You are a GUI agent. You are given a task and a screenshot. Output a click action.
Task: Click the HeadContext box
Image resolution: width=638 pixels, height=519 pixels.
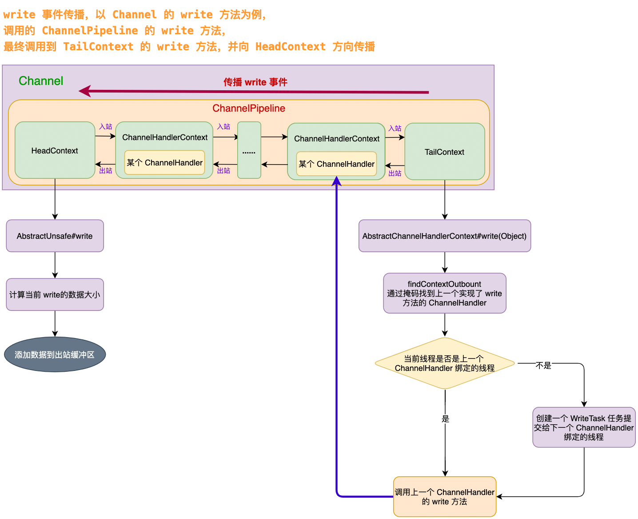(x=55, y=151)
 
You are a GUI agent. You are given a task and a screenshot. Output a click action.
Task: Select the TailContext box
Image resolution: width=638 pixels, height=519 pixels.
(x=444, y=152)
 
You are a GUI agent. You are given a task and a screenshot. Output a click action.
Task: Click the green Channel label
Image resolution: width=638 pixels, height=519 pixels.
(x=41, y=81)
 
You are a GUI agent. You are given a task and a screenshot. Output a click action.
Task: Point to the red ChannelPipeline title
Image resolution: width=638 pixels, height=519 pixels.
(x=249, y=109)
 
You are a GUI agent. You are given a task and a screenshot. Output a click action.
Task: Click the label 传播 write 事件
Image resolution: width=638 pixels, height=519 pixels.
(x=255, y=82)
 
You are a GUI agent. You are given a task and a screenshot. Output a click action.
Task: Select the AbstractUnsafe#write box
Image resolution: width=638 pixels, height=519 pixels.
(x=55, y=236)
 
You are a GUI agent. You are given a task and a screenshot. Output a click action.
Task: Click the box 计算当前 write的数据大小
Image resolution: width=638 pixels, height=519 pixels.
(x=55, y=294)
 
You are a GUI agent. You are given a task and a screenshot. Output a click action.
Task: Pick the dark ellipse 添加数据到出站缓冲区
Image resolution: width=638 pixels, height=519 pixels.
(x=55, y=354)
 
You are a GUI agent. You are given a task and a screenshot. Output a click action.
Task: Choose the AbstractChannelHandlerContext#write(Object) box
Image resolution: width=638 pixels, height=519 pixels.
(x=444, y=236)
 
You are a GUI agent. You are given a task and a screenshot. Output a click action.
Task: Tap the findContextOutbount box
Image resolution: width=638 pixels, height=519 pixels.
(x=444, y=294)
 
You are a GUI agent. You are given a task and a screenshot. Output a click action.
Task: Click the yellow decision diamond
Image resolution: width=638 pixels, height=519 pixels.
(x=444, y=363)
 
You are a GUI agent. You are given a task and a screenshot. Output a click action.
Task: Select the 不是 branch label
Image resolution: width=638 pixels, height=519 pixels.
(x=543, y=366)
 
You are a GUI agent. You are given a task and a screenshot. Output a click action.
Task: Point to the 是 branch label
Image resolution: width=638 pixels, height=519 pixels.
(x=445, y=418)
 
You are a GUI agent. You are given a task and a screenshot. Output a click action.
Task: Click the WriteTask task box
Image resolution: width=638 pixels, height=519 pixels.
(x=584, y=427)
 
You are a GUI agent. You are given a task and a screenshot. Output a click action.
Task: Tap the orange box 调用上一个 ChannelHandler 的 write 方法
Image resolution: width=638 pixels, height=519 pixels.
(x=444, y=497)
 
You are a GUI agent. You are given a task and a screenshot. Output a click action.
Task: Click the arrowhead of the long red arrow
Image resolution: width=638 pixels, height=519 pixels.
(x=84, y=91)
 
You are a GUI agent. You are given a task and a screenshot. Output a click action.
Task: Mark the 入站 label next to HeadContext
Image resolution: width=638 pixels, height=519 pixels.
(x=106, y=127)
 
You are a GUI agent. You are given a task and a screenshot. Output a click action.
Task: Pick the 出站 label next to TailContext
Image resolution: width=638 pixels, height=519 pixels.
(x=395, y=173)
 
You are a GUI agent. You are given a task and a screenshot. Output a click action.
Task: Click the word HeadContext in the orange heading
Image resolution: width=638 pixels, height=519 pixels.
(x=290, y=47)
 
